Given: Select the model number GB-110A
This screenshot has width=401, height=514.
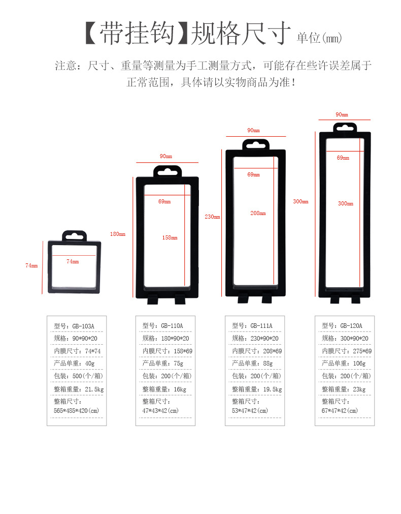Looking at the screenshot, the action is pos(172,326).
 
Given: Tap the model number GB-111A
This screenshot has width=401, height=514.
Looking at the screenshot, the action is pos(261,326).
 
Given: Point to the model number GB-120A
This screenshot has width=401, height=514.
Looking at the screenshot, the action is pos(351,326).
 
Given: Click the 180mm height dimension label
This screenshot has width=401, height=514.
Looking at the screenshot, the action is pos(117,234).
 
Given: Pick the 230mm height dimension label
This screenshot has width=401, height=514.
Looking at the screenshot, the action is pos(212,217).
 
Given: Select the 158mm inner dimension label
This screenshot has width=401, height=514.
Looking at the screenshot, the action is pos(170,237).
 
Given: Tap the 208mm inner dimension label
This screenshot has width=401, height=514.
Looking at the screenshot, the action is pos(258,213).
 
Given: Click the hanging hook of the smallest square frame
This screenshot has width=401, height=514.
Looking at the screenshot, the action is pos(75,236).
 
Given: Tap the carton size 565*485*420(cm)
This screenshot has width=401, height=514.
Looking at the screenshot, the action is pos(77,410).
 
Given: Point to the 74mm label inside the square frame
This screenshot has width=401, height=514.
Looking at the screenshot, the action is pos(73,261).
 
